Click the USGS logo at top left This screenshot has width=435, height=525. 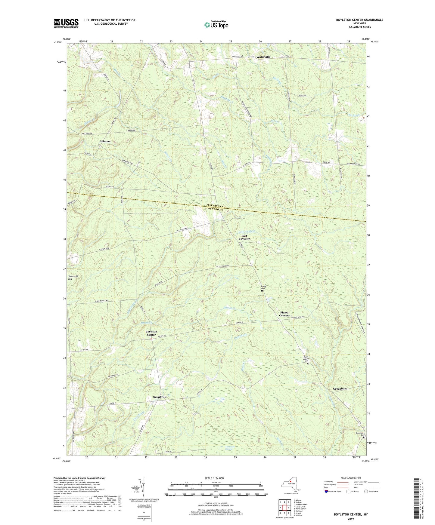66,23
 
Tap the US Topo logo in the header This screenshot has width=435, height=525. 216,25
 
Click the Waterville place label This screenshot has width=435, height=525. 263,57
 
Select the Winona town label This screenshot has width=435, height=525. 105,141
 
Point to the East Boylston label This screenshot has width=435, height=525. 244,237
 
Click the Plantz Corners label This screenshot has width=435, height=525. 284,314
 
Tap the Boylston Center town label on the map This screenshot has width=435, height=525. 151,333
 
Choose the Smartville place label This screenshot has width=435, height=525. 160,397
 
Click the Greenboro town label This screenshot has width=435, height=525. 340,389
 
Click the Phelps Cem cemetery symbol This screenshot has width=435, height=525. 262,291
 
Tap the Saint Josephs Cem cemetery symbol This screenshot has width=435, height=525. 308,364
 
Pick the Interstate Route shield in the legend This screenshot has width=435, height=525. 326,492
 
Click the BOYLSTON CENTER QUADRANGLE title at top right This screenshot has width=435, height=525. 359,20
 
